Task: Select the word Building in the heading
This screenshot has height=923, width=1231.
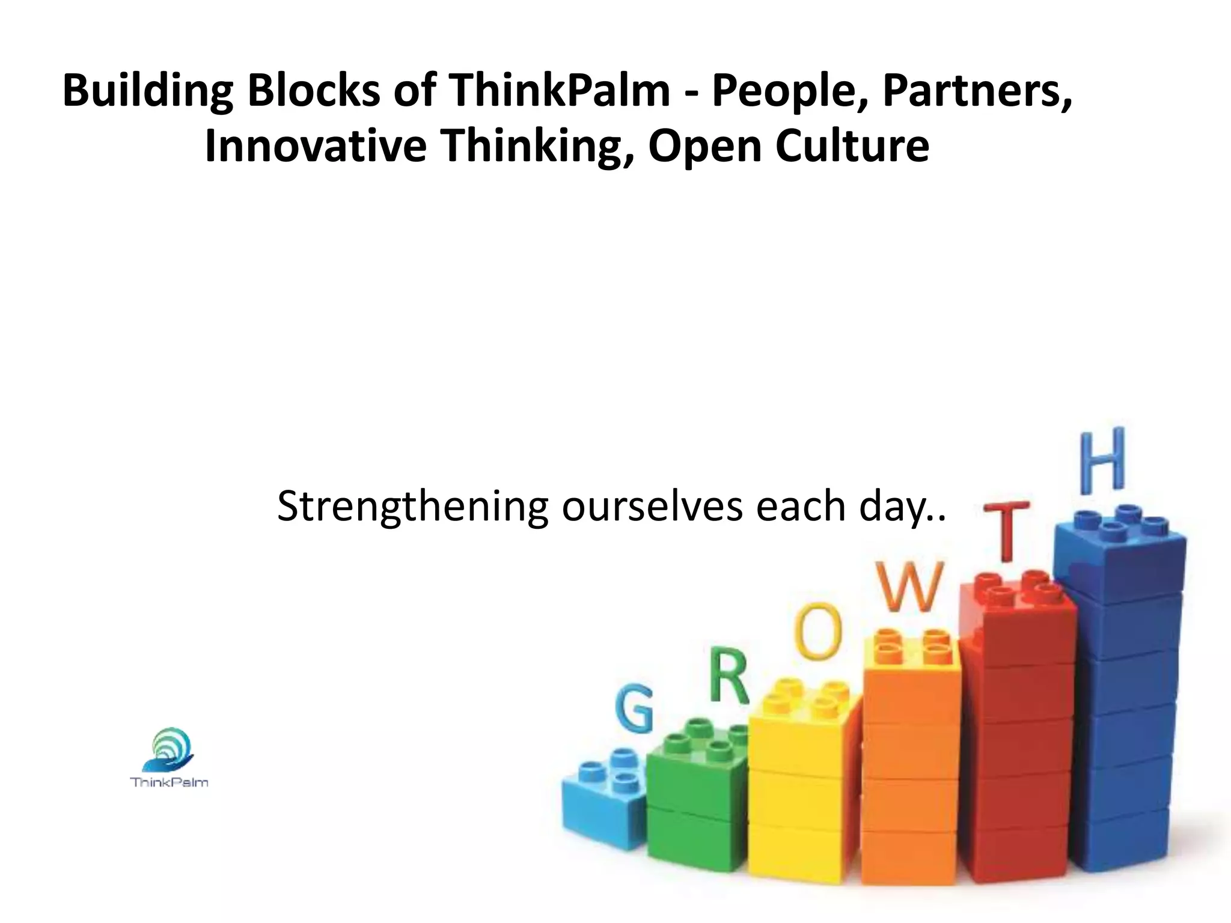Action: click(x=147, y=91)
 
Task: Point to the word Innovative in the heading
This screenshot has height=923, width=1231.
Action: click(x=315, y=147)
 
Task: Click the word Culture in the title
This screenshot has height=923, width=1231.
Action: click(x=852, y=147)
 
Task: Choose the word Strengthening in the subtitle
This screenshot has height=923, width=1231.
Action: click(x=412, y=506)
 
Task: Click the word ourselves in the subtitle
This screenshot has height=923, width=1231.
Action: click(x=652, y=506)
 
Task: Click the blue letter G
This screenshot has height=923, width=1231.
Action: click(x=634, y=710)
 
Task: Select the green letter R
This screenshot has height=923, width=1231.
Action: click(x=729, y=677)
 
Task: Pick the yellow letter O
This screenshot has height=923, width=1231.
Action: click(x=816, y=631)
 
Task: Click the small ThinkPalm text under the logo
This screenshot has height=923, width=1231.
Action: click(x=170, y=782)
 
